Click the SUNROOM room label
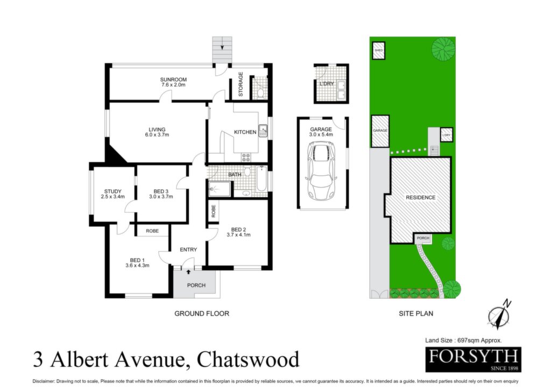click(173, 80)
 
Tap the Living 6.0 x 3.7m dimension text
click(157, 135)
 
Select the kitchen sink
click(263, 131)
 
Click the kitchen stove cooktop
click(245, 157)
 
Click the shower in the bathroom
click(220, 189)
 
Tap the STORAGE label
click(241, 84)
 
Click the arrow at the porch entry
click(189, 271)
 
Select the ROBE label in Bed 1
click(152, 231)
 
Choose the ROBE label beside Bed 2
click(213, 211)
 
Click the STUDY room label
click(113, 191)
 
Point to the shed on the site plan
click(378, 51)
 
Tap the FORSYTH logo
click(473, 359)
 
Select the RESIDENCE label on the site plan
click(421, 198)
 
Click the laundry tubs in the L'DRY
click(341, 89)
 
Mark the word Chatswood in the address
click(248, 359)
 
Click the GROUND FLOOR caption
click(202, 314)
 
